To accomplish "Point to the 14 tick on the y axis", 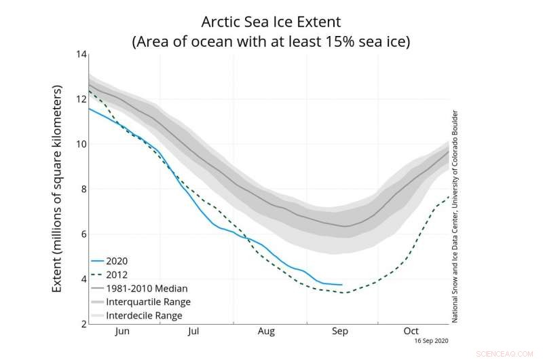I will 80,54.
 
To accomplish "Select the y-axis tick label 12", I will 80,99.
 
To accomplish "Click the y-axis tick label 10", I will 80,144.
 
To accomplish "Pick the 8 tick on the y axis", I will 83,189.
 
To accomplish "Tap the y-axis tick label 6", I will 83,234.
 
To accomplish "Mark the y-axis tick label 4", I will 83,279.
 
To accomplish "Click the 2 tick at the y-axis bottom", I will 83,324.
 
